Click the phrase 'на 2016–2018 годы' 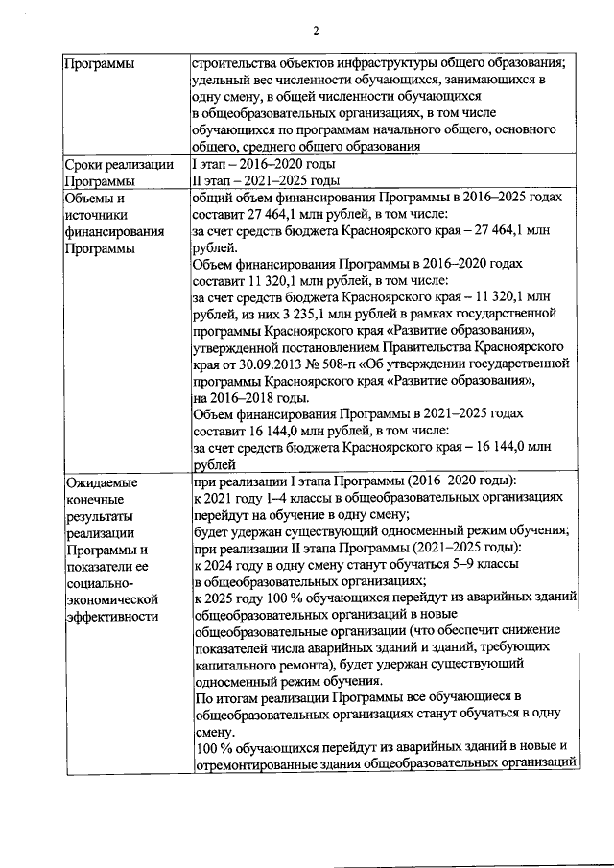(x=250, y=397)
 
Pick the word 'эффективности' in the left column (x=112, y=616)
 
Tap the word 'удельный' (x=223, y=80)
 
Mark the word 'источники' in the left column (x=97, y=214)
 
